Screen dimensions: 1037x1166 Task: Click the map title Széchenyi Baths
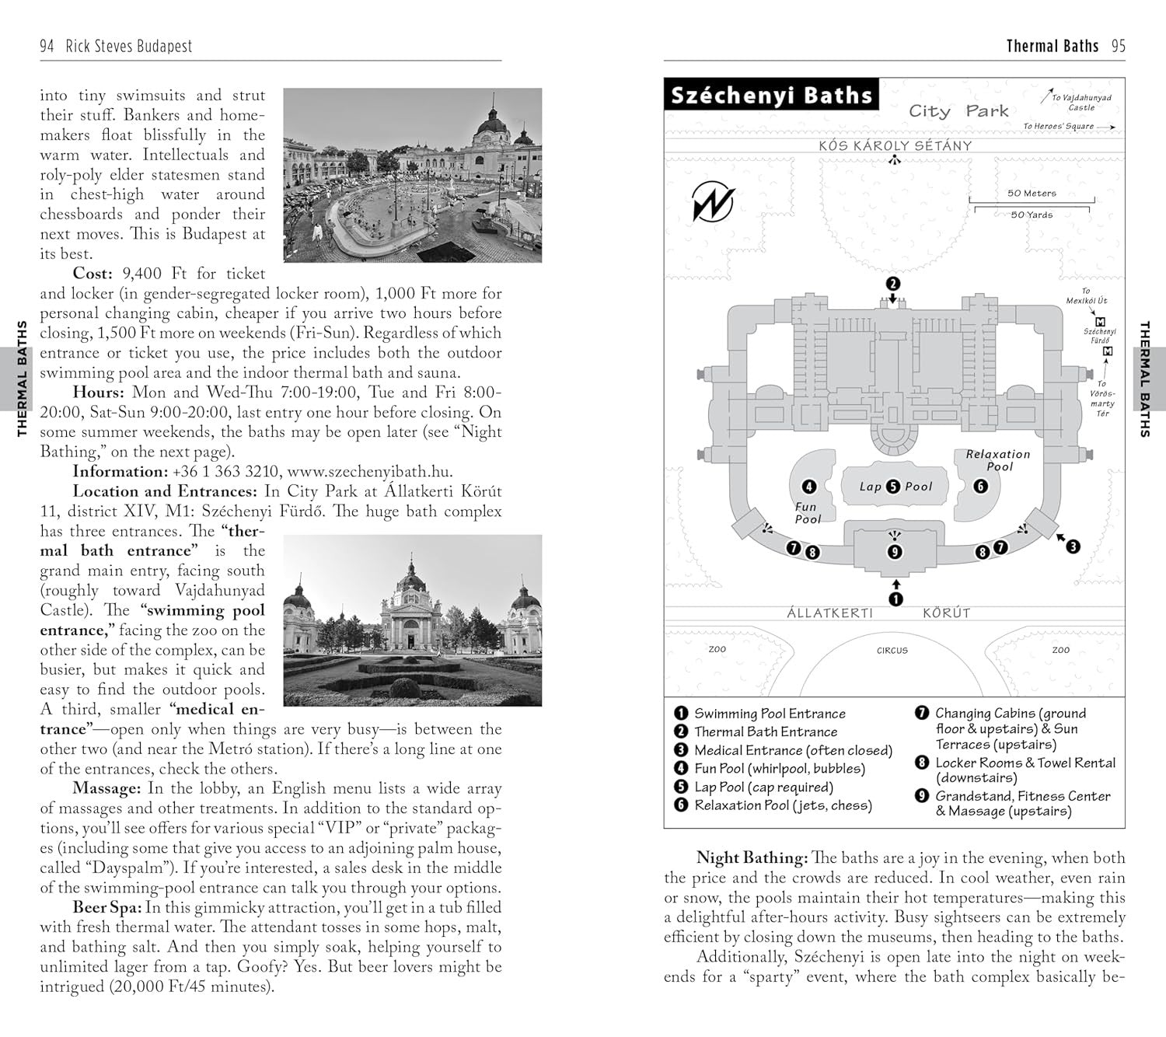771,96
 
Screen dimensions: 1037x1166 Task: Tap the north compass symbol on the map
713,202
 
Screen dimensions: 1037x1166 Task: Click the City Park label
958,111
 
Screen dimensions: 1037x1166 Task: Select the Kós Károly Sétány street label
894,145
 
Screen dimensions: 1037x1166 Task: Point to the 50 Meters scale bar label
1032,193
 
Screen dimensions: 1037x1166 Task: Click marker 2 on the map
893,284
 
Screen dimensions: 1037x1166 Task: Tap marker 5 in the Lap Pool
893,487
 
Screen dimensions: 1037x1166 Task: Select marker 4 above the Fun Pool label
808,487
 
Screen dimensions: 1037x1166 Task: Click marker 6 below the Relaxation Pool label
980,486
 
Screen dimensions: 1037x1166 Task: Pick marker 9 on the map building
895,552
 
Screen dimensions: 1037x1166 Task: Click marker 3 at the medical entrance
1073,546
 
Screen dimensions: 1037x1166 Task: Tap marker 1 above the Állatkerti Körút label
895,599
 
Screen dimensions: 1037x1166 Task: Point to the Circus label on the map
892,650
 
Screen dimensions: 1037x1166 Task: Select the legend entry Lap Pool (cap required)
763,787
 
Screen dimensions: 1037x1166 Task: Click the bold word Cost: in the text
93,274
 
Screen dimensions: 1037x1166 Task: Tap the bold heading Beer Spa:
106,907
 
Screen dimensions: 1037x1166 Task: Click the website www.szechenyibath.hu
369,471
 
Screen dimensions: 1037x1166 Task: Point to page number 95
1118,46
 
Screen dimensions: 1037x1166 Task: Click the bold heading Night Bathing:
752,858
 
